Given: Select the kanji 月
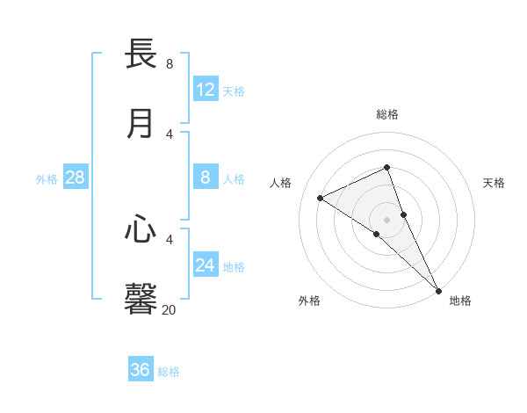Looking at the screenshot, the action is (x=141, y=123).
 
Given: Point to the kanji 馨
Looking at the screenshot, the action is (x=141, y=298).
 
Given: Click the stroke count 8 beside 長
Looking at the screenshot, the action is (x=170, y=63).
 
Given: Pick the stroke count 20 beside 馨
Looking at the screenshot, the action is (x=170, y=308).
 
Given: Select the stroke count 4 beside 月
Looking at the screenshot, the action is (x=170, y=134).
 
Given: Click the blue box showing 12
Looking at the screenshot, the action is (x=206, y=89).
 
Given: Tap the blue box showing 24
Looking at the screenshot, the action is (x=206, y=264).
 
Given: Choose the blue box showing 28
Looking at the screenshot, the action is (x=76, y=178).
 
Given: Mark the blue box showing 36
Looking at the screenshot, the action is (x=141, y=370).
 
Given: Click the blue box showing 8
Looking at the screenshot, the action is (x=206, y=178).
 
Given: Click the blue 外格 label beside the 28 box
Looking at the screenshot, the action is (x=47, y=179).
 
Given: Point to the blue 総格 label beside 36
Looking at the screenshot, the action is (x=169, y=372).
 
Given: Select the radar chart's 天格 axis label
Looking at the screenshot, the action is (x=495, y=183).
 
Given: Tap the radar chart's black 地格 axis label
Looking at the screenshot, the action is (x=460, y=301).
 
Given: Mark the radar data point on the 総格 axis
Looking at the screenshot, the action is (x=386, y=167).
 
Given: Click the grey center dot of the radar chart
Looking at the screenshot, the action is (x=386, y=219).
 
